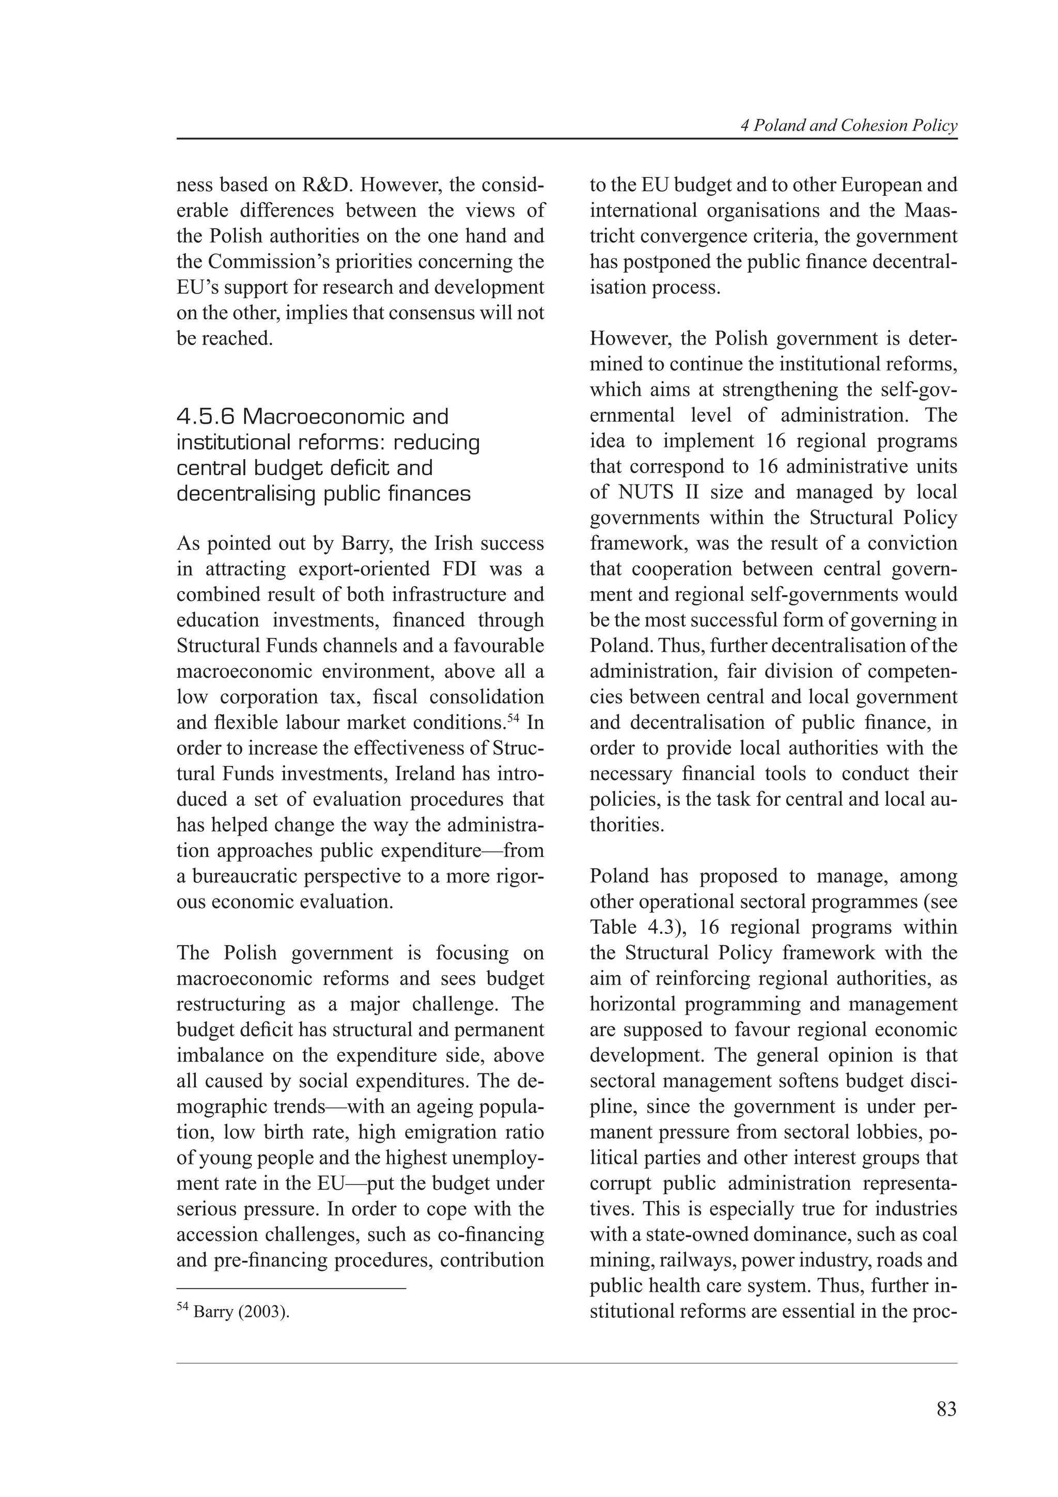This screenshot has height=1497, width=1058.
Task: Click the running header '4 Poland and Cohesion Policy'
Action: pos(849,126)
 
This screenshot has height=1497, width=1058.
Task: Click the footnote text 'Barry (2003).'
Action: pos(241,1311)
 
